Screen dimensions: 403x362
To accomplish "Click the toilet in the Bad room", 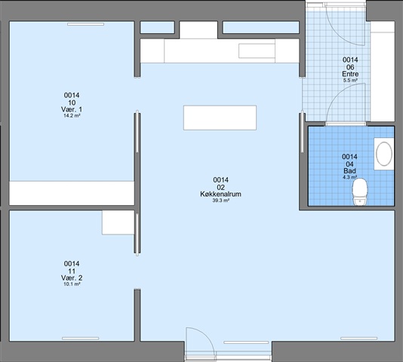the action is click(x=360, y=192).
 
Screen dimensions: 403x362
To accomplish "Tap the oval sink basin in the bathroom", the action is click(x=384, y=154).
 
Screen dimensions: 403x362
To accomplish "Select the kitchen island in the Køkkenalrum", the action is click(x=220, y=118).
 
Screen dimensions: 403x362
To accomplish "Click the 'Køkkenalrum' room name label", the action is click(x=220, y=194).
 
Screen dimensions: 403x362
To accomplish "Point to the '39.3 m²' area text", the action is click(x=221, y=201).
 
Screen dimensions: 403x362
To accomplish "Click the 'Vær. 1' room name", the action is click(x=72, y=109).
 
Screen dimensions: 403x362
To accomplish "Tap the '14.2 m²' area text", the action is click(x=72, y=115).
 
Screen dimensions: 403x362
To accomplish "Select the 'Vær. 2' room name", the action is click(x=72, y=278).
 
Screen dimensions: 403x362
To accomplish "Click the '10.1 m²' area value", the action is click(x=72, y=284).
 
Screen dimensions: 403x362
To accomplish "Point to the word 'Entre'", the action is click(x=350, y=74).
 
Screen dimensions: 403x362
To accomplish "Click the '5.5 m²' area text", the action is click(x=350, y=81).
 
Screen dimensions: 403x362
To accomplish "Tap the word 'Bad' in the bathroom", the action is click(x=350, y=171).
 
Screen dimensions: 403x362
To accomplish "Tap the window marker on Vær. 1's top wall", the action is click(x=85, y=24).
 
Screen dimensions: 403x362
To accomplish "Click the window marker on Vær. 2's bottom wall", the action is click(x=81, y=339).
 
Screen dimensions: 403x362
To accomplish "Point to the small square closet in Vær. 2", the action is click(x=118, y=222).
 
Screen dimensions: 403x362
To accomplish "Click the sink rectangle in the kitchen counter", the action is click(x=257, y=51).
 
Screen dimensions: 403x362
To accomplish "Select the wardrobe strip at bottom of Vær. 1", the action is click(x=72, y=193).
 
